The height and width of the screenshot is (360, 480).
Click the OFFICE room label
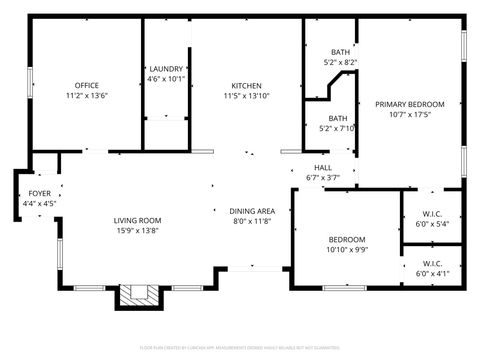tap(86, 85)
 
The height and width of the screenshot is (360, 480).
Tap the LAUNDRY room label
tap(166, 69)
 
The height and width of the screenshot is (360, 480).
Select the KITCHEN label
tap(247, 85)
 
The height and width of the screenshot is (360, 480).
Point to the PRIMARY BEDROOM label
tap(409, 104)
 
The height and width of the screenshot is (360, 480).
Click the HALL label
tap(323, 167)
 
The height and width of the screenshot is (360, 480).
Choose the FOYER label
tap(39, 193)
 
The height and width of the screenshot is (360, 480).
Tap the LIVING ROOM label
tap(137, 221)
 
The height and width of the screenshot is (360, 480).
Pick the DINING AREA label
tap(252, 211)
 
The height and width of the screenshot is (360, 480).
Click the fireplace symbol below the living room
tap(136, 295)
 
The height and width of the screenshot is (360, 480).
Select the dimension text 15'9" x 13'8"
tap(137, 231)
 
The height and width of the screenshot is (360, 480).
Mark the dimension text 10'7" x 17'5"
tap(409, 114)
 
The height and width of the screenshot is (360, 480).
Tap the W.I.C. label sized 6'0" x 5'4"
tap(432, 214)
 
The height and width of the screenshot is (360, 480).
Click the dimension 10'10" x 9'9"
tap(347, 250)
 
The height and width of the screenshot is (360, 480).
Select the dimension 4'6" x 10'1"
tap(166, 79)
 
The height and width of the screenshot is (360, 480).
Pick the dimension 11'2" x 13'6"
tap(86, 96)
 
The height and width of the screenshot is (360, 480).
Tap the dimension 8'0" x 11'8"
tap(252, 222)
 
